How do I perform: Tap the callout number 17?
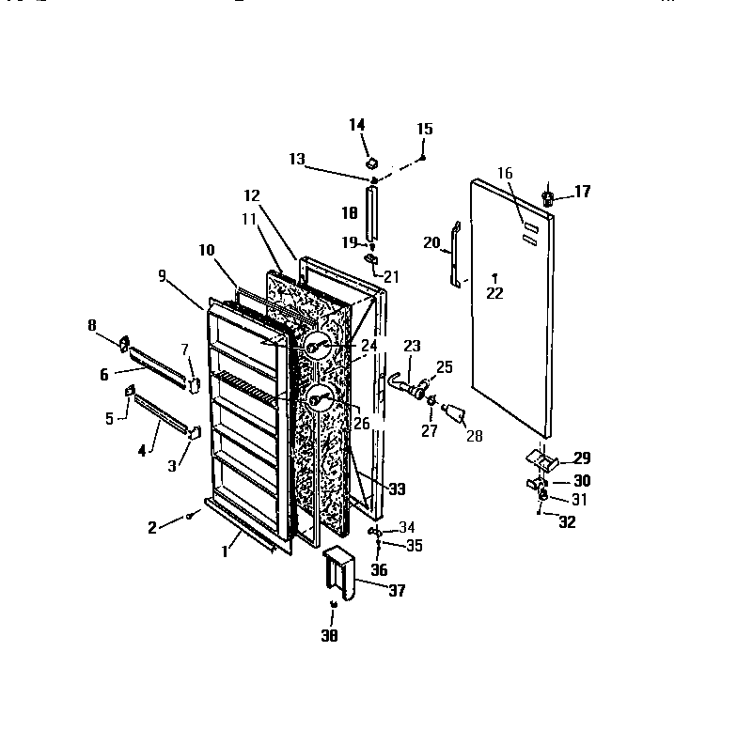(582, 192)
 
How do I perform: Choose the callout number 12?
(251, 195)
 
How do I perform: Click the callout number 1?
(225, 552)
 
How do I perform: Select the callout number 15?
(424, 128)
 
